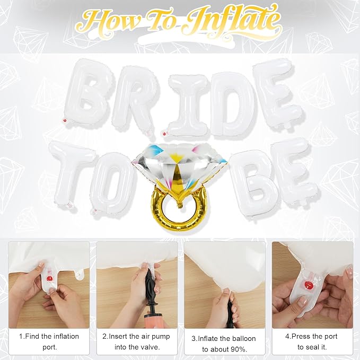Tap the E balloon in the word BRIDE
point(274,90)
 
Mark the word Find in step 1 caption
point(35,336)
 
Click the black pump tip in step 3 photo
point(230,308)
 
